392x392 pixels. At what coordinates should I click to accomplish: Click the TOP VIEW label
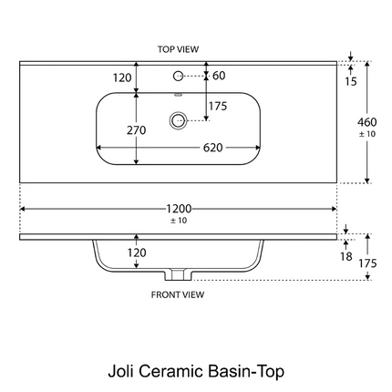tap(178, 49)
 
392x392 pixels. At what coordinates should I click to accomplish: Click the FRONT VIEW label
tap(178, 294)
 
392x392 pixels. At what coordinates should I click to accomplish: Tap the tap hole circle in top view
tap(178, 76)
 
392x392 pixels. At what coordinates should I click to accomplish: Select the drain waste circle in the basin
tap(178, 120)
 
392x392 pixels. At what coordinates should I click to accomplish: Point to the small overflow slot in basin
tap(178, 95)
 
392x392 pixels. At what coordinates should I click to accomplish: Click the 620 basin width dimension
tap(212, 148)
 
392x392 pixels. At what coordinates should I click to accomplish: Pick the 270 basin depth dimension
tap(137, 130)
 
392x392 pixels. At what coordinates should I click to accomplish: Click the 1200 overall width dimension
tap(179, 209)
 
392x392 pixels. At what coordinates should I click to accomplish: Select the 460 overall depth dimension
tap(367, 122)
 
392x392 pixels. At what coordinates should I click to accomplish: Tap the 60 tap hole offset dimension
tap(219, 76)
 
